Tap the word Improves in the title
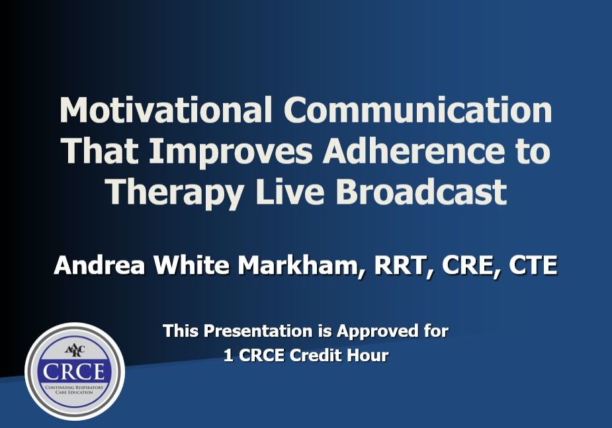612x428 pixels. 231,153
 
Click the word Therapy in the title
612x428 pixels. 175,194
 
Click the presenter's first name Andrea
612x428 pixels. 99,265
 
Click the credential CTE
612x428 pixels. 533,265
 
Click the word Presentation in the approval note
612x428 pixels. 258,331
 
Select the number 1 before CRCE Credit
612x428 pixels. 228,355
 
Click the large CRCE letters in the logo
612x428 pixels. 73,371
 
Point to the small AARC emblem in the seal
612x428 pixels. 75,350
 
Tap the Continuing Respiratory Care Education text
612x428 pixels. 75,390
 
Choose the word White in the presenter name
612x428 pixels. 191,265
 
